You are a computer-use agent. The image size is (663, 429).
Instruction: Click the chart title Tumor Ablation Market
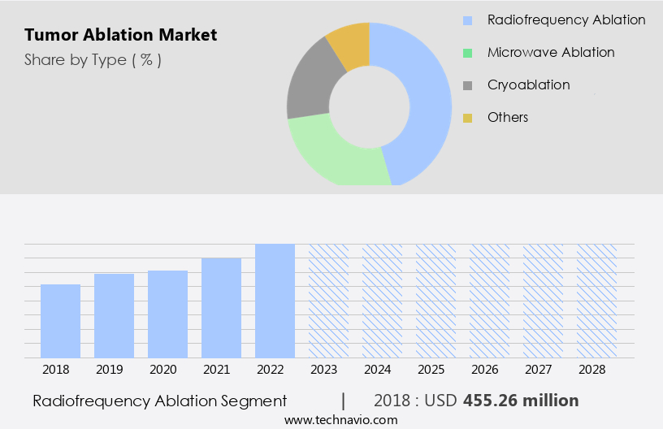[x=121, y=35]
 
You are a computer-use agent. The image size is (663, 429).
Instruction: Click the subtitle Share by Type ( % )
[x=93, y=60]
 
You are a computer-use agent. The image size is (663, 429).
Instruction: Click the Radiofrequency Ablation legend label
[x=566, y=19]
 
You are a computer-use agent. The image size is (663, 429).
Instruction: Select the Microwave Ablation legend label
[x=551, y=52]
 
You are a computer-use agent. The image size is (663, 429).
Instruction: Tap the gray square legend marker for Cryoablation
[x=467, y=85]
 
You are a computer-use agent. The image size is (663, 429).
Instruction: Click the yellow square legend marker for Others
[x=467, y=118]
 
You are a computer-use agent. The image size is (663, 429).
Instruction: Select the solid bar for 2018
[x=61, y=321]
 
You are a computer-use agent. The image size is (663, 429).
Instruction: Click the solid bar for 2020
[x=168, y=314]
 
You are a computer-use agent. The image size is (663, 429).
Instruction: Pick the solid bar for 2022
[x=275, y=301]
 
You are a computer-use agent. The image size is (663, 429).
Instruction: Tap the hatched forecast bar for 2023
[x=328, y=301]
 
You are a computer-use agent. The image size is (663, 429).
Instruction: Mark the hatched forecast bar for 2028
[x=596, y=301]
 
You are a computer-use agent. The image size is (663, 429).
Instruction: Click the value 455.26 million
[x=521, y=401]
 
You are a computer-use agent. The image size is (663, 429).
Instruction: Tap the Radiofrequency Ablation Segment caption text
[x=160, y=401]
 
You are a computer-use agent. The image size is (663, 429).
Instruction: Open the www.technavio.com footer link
[x=341, y=420]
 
